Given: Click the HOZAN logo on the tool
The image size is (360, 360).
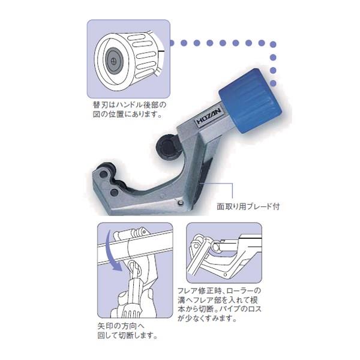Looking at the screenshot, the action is [x=209, y=116].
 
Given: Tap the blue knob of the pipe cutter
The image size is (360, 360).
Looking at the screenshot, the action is [x=250, y=101].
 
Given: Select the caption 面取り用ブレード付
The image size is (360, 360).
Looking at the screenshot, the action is [x=248, y=206].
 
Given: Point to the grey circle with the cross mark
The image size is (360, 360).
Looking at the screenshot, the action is [x=113, y=61].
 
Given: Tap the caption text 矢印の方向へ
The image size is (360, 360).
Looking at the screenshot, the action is [x=121, y=326].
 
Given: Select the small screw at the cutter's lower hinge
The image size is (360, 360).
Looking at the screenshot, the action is [x=181, y=202].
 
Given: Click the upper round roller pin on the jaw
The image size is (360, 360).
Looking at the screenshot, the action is [x=103, y=175].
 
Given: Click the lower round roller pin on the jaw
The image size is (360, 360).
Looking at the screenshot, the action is [x=113, y=192].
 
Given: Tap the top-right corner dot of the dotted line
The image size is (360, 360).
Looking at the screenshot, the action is [x=273, y=44].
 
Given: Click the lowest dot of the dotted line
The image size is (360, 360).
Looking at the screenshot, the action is [x=273, y=83].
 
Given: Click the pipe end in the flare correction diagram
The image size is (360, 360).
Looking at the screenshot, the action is [x=216, y=247].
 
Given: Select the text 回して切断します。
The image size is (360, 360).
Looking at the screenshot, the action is [x=128, y=335].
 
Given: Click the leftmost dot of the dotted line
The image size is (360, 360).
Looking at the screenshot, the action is [x=171, y=43].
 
